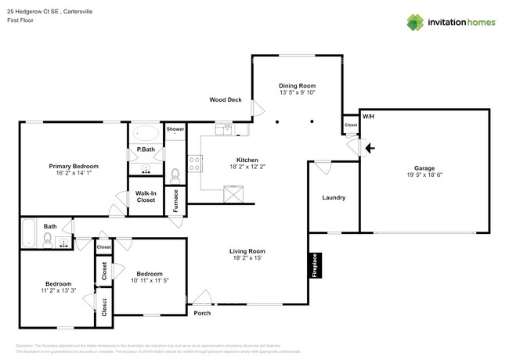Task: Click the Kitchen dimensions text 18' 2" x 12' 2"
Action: point(247,167)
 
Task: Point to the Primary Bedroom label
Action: point(74,166)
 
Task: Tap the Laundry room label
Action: point(334,198)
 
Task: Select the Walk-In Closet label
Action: point(146,196)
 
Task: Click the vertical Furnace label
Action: point(176,201)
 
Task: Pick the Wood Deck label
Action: point(226,100)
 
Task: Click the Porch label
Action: point(202,313)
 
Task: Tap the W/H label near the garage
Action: point(367,117)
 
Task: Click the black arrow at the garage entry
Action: point(370,146)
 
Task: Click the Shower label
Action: point(175,128)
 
